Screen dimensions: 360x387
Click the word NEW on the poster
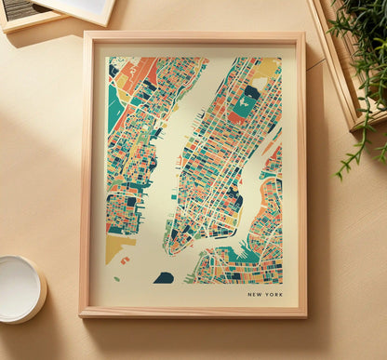255,295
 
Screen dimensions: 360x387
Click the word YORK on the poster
273,295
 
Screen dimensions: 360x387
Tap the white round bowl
20,288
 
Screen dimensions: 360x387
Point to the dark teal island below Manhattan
164,277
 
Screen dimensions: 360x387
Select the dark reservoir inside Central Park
251,93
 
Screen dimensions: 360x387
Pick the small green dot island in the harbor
117,277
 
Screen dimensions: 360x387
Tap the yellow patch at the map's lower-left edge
116,247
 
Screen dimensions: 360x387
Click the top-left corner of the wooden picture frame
86,34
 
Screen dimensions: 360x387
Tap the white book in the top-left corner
79,9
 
